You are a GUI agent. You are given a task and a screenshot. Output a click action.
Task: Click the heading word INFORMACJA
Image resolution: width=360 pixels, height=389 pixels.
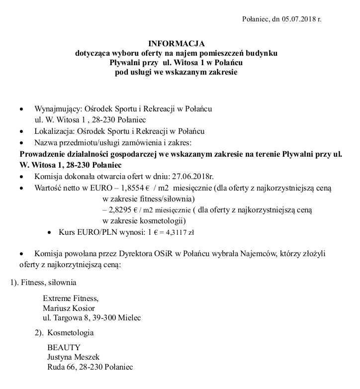point(176,44)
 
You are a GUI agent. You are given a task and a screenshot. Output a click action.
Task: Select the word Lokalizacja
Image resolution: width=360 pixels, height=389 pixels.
point(52,131)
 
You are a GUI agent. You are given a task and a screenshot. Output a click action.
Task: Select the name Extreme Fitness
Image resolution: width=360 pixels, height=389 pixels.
point(71,298)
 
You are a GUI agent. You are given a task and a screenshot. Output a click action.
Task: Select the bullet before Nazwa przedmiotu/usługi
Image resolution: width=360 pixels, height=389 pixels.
point(20,143)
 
